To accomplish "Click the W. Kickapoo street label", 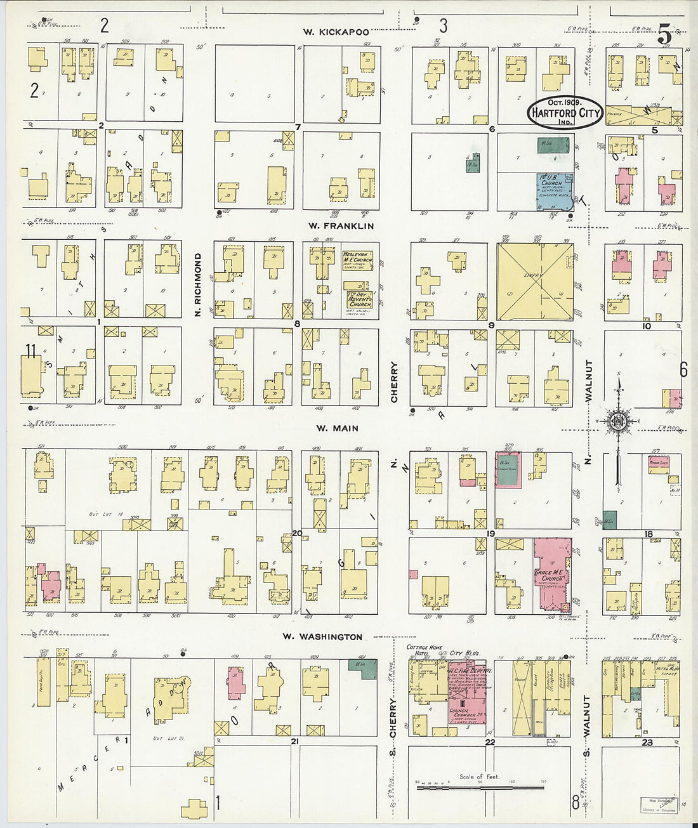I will (336, 31).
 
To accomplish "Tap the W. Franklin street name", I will (341, 226).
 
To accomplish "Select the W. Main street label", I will (337, 428).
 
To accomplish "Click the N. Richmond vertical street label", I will (198, 285).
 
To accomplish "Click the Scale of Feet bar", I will (480, 787).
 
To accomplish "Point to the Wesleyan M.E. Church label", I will (357, 261).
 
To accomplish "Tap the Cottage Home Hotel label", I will (425, 651).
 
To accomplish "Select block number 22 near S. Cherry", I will (489, 742).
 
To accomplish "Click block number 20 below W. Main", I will (296, 533).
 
